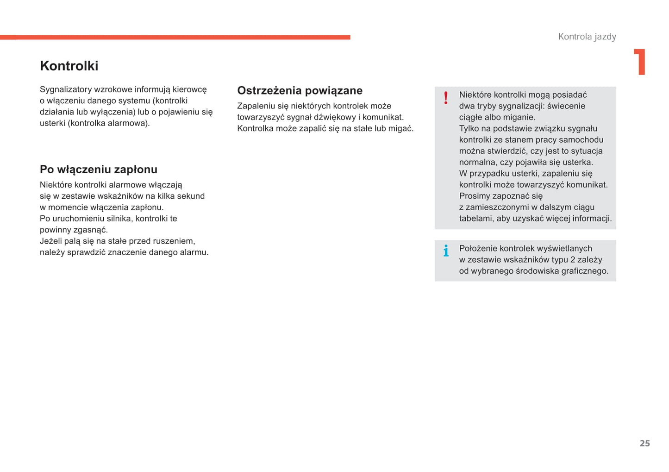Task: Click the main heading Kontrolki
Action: click(x=69, y=66)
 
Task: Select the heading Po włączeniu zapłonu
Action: click(x=98, y=170)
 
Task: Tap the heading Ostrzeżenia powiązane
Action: click(x=300, y=91)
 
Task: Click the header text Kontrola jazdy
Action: click(x=587, y=37)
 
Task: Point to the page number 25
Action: click(x=644, y=443)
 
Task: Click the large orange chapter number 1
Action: click(x=640, y=62)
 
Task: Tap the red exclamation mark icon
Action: click(x=446, y=98)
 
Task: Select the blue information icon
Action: click(x=446, y=251)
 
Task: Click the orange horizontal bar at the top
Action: click(x=175, y=37)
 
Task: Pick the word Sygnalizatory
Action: click(x=65, y=89)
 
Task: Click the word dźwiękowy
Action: click(x=335, y=117)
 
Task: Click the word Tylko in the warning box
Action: click(x=469, y=129)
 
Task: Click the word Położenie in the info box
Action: click(x=476, y=249)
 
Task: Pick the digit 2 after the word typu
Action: click(x=573, y=260)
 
